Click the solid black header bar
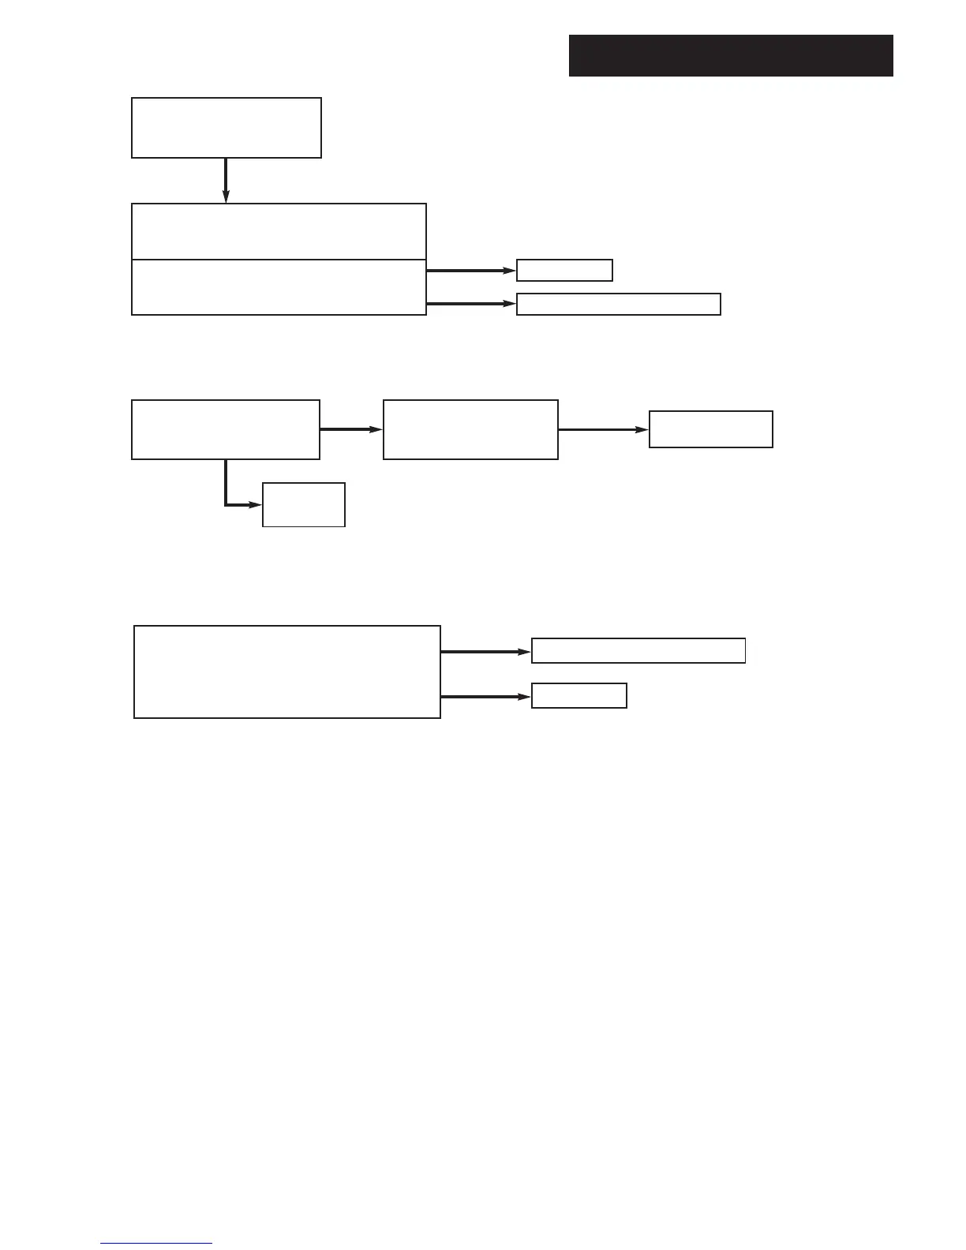tap(730, 55)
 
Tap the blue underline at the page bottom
tap(156, 1243)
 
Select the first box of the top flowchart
tap(226, 128)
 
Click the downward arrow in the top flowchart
tap(226, 181)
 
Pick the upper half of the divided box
tap(279, 231)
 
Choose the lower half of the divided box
tap(279, 287)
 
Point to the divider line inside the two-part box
tap(279, 259)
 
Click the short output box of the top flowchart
tap(564, 270)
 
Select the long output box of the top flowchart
tap(618, 304)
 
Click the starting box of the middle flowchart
tap(226, 429)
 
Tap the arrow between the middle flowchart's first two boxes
tap(351, 430)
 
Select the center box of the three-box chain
tap(470, 429)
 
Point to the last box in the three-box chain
tap(710, 429)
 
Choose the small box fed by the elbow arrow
tap(303, 504)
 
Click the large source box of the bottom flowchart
tap(286, 672)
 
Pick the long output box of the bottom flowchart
tap(638, 651)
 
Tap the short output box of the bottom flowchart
tap(578, 696)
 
